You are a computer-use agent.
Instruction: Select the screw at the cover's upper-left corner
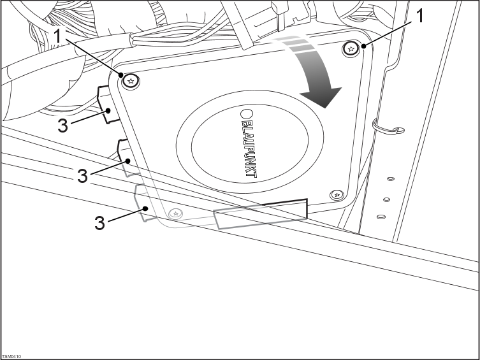click(131, 80)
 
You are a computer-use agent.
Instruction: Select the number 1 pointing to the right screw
click(419, 17)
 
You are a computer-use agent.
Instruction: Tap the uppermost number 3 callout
click(62, 125)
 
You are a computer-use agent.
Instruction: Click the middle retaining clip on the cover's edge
click(122, 154)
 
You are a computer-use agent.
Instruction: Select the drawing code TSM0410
click(11, 357)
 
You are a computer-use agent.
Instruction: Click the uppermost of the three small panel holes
click(390, 172)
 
